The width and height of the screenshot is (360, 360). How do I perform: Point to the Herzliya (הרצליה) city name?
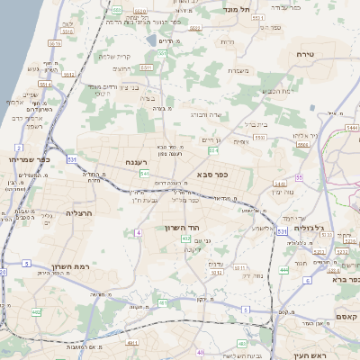[x=81, y=212]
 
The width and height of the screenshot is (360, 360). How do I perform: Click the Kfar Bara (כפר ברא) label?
[x=343, y=280]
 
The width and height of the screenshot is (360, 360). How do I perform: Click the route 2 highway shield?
[x=18, y=146]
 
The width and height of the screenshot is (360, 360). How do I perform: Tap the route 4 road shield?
[x=139, y=233]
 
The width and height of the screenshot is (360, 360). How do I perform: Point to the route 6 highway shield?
[x=306, y=280]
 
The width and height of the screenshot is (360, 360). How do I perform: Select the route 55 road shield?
[x=299, y=177]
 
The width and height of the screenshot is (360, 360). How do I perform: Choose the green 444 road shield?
[x=283, y=269]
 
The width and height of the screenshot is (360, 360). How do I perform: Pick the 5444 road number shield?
[x=352, y=129]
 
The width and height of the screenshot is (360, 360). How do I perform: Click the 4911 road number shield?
[x=132, y=343]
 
